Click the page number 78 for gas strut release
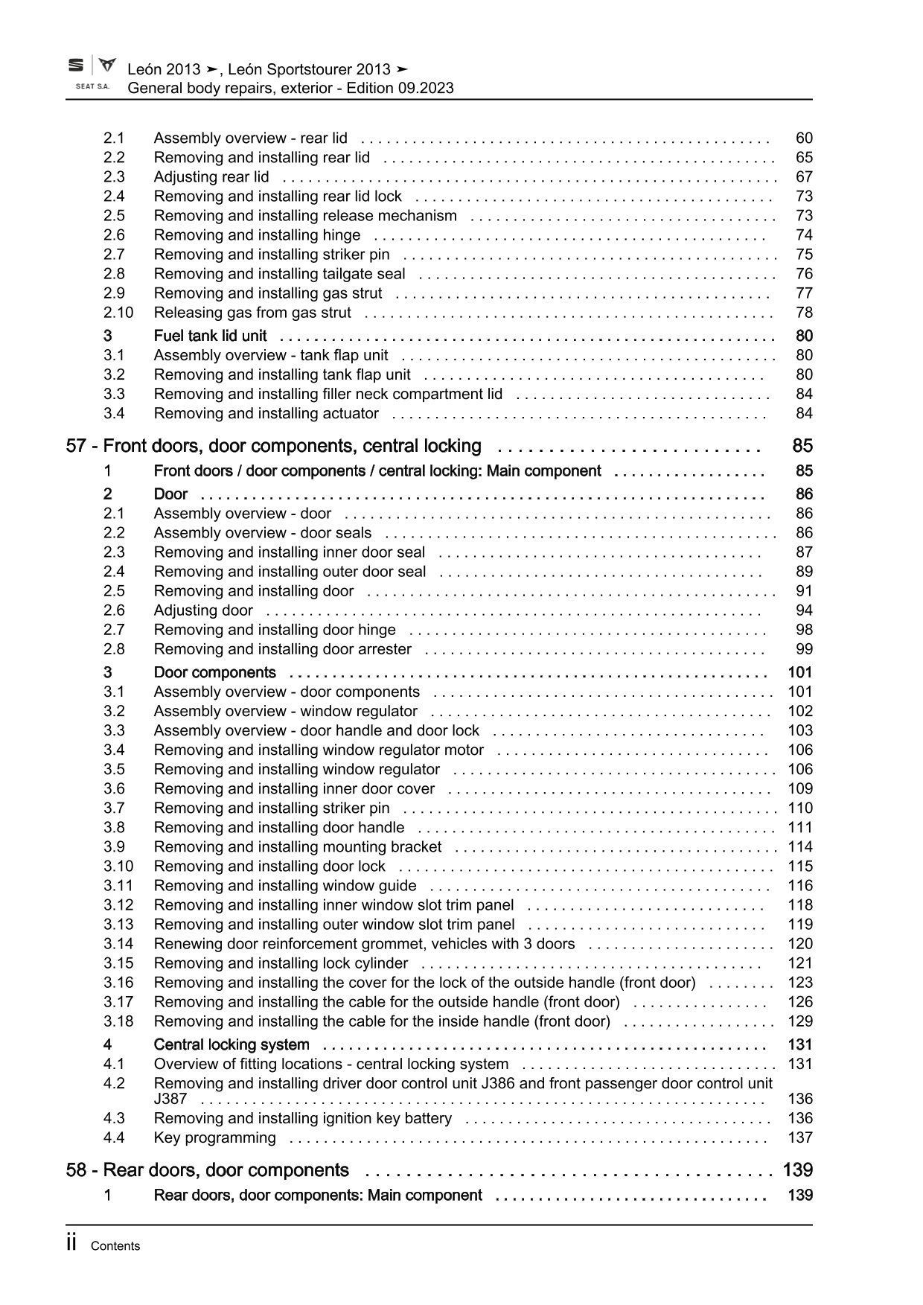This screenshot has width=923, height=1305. click(803, 313)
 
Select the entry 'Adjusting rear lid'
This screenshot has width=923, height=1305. click(211, 177)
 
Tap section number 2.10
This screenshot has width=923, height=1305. click(118, 313)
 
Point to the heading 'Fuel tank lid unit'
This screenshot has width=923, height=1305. click(210, 336)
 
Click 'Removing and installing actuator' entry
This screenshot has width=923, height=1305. click(266, 414)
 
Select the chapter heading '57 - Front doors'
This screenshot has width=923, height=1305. click(273, 446)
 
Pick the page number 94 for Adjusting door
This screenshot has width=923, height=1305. click(803, 610)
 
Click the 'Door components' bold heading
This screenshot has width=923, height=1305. click(214, 672)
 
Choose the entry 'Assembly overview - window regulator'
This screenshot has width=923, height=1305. click(285, 712)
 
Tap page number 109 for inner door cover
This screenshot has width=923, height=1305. click(800, 789)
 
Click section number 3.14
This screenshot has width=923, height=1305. click(118, 944)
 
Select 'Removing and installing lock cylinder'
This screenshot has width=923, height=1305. click(281, 963)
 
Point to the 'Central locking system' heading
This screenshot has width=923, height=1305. click(231, 1044)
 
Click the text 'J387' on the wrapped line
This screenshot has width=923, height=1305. click(170, 1100)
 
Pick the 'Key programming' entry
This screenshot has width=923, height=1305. click(214, 1138)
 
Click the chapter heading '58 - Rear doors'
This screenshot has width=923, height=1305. click(207, 1170)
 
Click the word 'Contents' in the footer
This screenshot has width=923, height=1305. click(115, 1246)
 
